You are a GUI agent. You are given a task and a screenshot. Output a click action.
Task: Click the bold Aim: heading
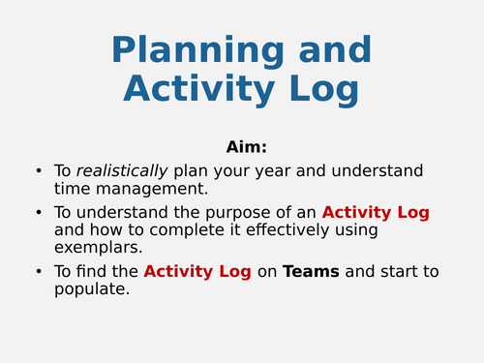(246, 147)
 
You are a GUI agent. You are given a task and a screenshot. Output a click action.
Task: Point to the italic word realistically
(124, 170)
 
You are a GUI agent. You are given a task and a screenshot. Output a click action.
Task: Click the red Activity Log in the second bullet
(376, 212)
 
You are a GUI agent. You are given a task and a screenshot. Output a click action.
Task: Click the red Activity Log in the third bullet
(197, 272)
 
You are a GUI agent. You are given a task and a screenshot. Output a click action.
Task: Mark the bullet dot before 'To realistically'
(38, 171)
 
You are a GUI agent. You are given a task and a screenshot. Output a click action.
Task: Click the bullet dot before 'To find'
(38, 273)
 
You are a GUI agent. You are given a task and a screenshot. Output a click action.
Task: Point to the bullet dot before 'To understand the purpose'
(38, 213)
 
